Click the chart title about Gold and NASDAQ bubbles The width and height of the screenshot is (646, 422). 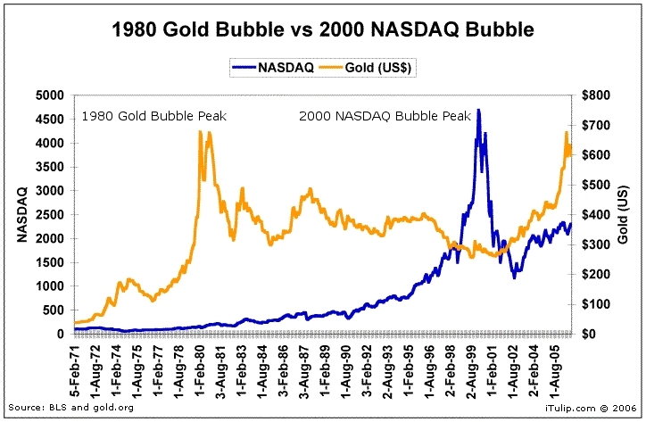(x=322, y=29)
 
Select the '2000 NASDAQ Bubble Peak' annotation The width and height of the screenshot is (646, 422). (x=374, y=116)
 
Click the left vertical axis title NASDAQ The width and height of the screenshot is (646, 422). (x=21, y=214)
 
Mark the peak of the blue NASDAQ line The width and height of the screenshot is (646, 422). (x=479, y=110)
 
